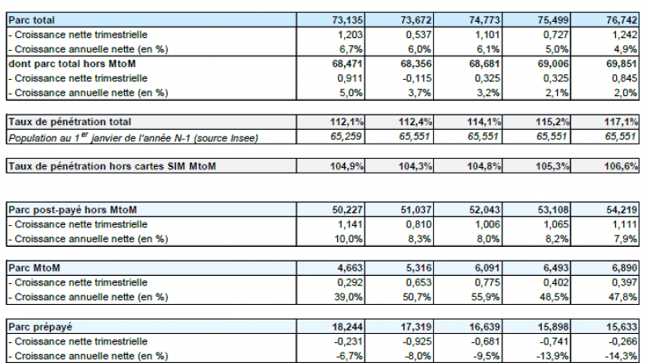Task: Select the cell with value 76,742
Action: (622, 19)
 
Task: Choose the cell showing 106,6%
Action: (622, 166)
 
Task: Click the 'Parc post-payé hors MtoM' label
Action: (73, 210)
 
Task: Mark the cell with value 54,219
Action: (622, 210)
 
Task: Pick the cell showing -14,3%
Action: (622, 355)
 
